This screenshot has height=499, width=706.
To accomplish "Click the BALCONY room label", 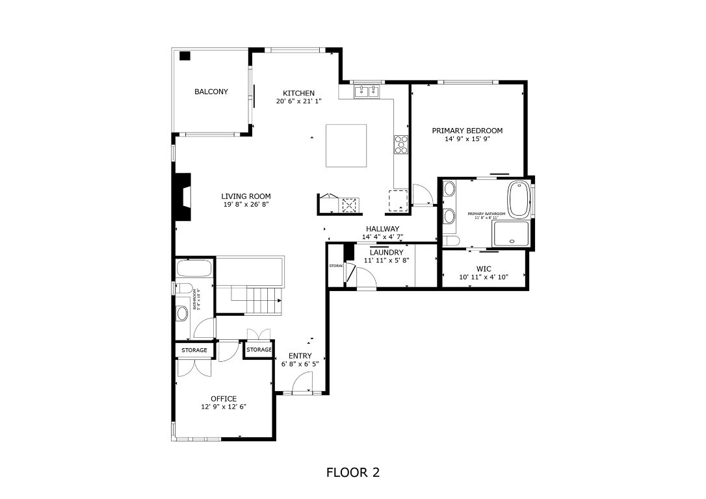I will pos(211,92).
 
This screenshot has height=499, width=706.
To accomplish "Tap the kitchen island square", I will pos(345,146).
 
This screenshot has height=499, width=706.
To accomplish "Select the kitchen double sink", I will pos(367,92).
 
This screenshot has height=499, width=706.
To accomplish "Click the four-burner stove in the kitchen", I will pos(401,144).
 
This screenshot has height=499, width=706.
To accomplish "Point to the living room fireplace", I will pos(183,197).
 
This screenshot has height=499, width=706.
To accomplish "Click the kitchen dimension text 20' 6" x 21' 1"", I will pos(298,101).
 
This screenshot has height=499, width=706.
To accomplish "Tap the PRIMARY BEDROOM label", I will pos(467,131).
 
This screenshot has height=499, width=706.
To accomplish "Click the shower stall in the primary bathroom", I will pos(512,233).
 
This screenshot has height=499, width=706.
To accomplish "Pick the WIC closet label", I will pos(484,268).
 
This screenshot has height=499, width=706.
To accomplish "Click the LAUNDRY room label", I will pos(387,252).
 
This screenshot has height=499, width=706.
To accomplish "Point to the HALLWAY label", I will pos(382,229).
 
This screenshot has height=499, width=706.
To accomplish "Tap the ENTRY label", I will pos(300,356).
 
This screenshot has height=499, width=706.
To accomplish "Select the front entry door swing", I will pos(301,387).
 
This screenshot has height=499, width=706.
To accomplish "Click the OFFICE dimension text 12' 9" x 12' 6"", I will pos(224,407).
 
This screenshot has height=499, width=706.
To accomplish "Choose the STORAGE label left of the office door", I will pos(194,350).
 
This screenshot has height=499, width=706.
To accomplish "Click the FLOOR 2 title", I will pos(352,472).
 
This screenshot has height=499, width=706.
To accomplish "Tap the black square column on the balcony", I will pos(185,56).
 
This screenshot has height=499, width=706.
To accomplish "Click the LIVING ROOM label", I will pos(246,196).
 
